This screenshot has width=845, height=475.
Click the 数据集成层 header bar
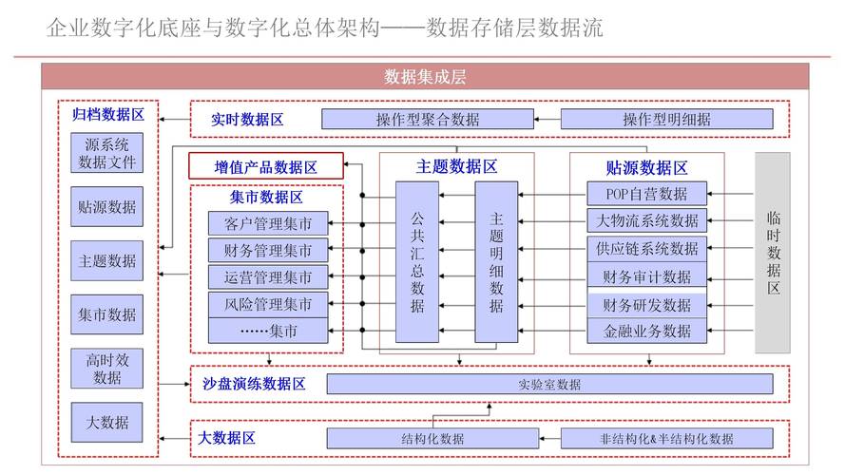(425, 76)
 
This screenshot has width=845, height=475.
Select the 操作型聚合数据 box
(428, 119)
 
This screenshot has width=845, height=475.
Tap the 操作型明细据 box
(666, 119)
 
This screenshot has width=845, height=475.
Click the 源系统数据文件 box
(106, 153)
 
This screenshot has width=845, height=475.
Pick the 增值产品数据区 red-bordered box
(266, 166)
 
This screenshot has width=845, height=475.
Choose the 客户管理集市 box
(268, 223)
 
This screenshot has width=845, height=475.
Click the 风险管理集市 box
(268, 304)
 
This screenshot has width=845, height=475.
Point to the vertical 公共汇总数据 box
(417, 262)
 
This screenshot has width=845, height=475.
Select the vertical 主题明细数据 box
(496, 262)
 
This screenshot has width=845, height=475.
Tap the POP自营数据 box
(646, 194)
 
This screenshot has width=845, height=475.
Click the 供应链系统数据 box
(646, 249)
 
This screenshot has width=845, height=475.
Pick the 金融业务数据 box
(646, 332)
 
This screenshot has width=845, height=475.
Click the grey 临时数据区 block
(773, 253)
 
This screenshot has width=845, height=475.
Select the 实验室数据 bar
(549, 384)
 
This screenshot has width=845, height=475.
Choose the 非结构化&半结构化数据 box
(666, 438)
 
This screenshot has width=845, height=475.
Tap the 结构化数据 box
(432, 438)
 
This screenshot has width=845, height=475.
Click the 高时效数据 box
(106, 369)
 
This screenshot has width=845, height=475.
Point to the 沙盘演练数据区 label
(254, 384)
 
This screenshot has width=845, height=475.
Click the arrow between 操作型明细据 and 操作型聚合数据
(547, 119)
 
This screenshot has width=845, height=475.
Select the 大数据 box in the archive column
(106, 422)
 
